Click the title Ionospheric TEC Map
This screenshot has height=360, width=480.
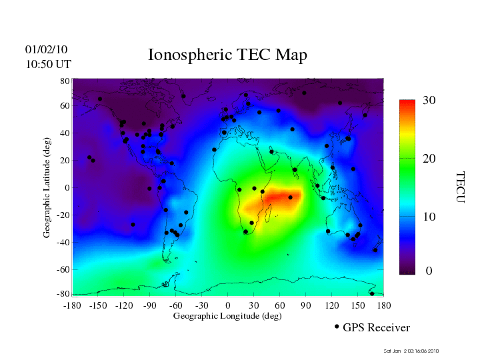(x=227, y=55)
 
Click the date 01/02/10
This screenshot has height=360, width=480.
(x=46, y=49)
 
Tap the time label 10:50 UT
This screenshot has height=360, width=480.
(x=48, y=64)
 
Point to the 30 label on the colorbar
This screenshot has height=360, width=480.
(x=429, y=100)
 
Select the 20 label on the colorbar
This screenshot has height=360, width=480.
(x=429, y=159)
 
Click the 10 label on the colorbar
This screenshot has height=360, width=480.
(x=429, y=217)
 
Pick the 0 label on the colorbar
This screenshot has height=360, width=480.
(x=429, y=271)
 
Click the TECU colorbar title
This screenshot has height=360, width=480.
(x=459, y=187)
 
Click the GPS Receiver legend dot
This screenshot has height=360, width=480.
(x=337, y=327)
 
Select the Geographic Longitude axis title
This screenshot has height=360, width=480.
(x=227, y=316)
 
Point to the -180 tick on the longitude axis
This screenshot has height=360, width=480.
(x=71, y=305)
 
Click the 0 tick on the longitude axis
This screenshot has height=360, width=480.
(x=227, y=305)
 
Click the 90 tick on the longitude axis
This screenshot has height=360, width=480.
(x=306, y=305)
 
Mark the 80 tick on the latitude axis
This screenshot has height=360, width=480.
(x=65, y=81)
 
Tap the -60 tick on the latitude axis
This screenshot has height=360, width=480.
(x=63, y=269)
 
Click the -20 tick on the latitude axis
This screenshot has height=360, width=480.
(x=63, y=215)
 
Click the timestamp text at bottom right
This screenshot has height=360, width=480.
(x=412, y=351)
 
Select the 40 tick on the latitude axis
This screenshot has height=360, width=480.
(x=65, y=133)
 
